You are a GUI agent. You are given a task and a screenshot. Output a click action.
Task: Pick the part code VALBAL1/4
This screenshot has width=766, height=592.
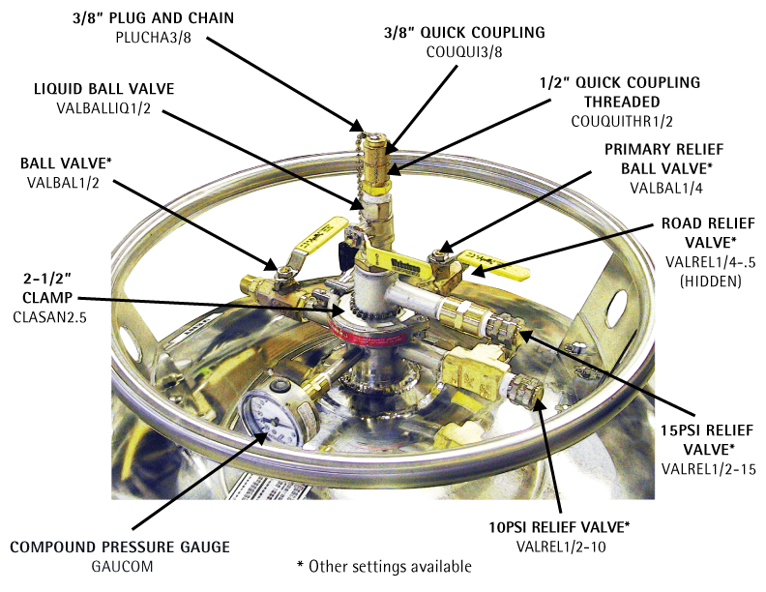665,188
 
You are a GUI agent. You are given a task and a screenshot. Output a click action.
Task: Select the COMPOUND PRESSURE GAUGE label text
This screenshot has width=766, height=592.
120,548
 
